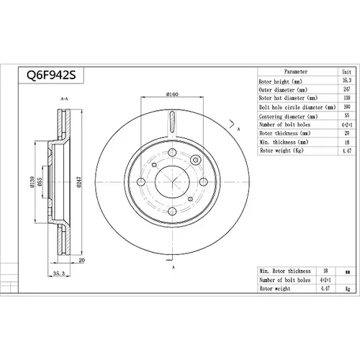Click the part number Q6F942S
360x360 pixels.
51,75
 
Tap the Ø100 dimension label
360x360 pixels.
172,94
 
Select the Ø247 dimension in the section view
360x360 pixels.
79,181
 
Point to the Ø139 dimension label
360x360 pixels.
32,181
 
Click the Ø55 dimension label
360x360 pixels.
40,181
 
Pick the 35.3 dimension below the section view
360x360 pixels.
59,274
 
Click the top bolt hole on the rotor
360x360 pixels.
172,153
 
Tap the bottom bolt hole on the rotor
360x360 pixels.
172,212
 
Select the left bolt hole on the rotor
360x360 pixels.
141,182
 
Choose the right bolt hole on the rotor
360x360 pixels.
203,182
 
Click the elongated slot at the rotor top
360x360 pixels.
172,122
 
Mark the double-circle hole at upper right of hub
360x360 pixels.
196,160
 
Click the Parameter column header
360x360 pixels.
296,71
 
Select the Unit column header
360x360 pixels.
346,71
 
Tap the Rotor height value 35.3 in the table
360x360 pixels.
347,81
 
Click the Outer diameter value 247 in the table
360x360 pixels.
347,89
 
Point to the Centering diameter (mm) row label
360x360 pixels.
288,117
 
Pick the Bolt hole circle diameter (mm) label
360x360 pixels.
297,107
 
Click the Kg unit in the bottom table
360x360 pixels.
348,289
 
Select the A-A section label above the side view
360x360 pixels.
64,99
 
